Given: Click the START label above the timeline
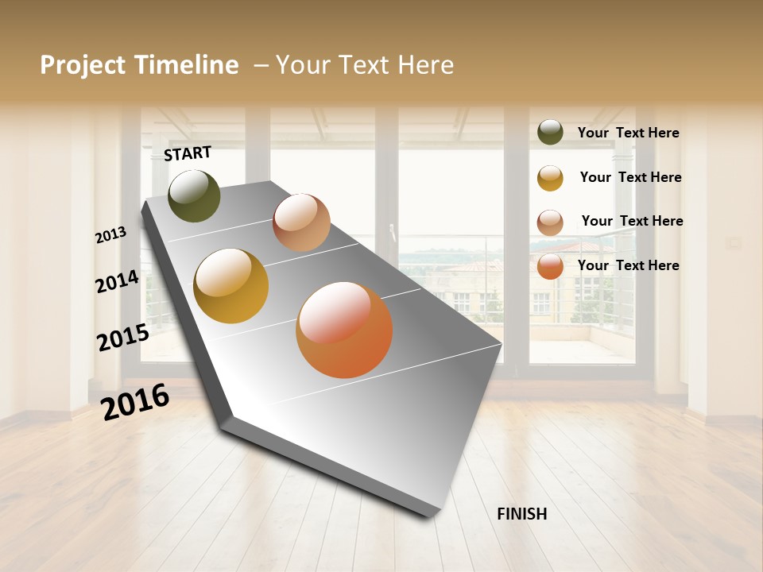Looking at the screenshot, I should point(188,153).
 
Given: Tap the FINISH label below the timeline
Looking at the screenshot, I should point(522,514).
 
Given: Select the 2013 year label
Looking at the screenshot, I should point(110,235).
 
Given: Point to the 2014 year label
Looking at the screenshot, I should point(118,281).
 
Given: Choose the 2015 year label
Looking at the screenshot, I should point(123,338).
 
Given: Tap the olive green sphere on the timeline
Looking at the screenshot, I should point(195,195).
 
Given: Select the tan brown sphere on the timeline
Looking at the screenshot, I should point(301,222).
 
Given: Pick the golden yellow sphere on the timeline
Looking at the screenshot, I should point(231,286).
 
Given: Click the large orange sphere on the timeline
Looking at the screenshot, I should point(344,330).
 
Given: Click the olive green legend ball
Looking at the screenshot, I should point(550,133).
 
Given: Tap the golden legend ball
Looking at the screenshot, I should point(550,178).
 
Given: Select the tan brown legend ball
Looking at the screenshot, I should point(550,222).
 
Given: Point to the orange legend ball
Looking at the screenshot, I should point(550,266).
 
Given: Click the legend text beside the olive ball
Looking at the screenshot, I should point(628,133).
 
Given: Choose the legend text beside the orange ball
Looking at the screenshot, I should point(628,265).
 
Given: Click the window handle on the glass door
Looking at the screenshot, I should point(392,232).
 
